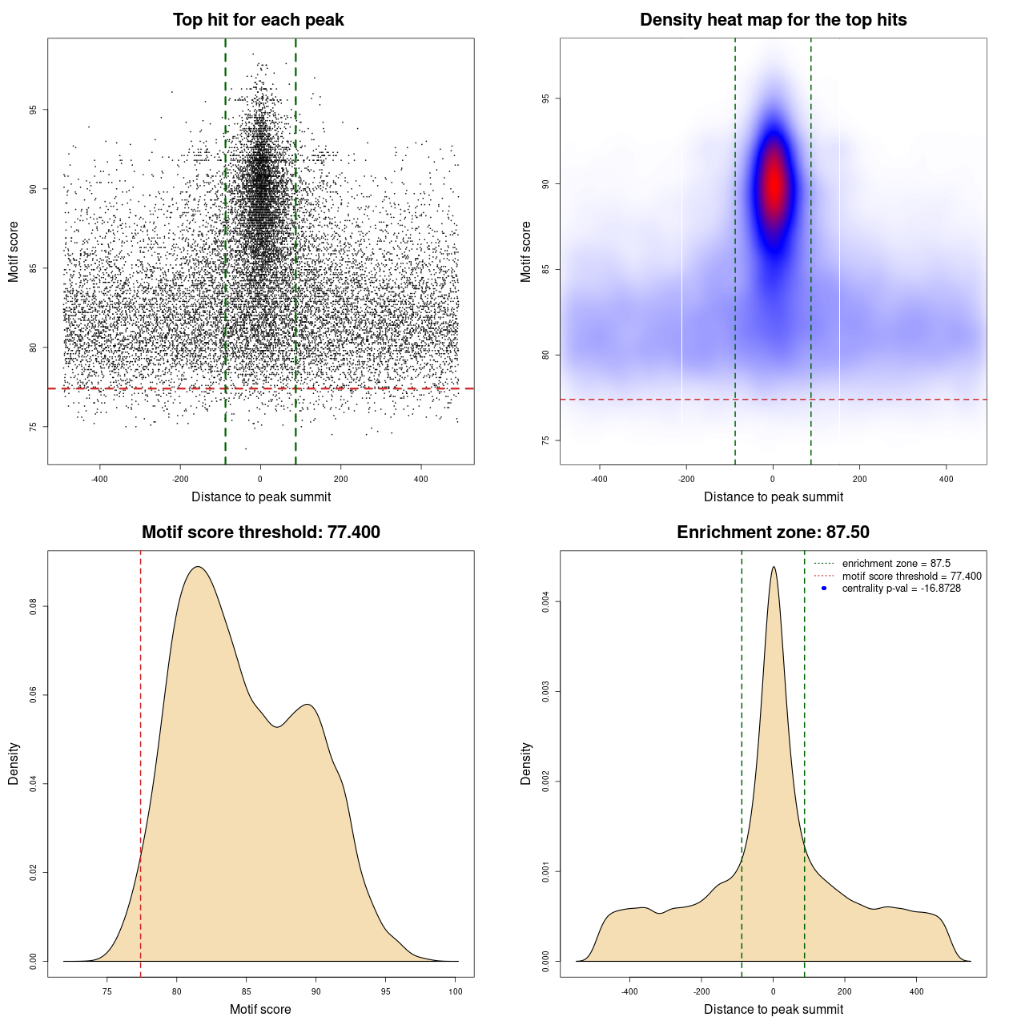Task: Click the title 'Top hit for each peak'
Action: (258, 20)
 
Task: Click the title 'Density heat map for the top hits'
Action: (773, 20)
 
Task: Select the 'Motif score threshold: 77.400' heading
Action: (260, 533)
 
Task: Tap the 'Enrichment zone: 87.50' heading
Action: (773, 533)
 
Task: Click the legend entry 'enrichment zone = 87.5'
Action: (896, 564)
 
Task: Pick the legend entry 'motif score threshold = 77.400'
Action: (911, 576)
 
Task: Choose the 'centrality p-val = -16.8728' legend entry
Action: (901, 589)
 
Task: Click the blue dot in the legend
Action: (824, 589)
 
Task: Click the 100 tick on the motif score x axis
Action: (456, 991)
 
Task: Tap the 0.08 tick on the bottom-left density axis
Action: (33, 607)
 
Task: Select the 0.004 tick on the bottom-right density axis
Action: (545, 601)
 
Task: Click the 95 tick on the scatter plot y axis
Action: (33, 110)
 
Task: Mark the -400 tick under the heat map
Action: (599, 479)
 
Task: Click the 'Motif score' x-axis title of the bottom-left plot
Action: (260, 1009)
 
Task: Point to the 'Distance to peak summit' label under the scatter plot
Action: (261, 496)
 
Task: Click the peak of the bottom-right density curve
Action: (774, 568)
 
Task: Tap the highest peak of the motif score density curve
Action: (198, 568)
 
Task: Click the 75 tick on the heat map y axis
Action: (545, 440)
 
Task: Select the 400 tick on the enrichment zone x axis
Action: (917, 991)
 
